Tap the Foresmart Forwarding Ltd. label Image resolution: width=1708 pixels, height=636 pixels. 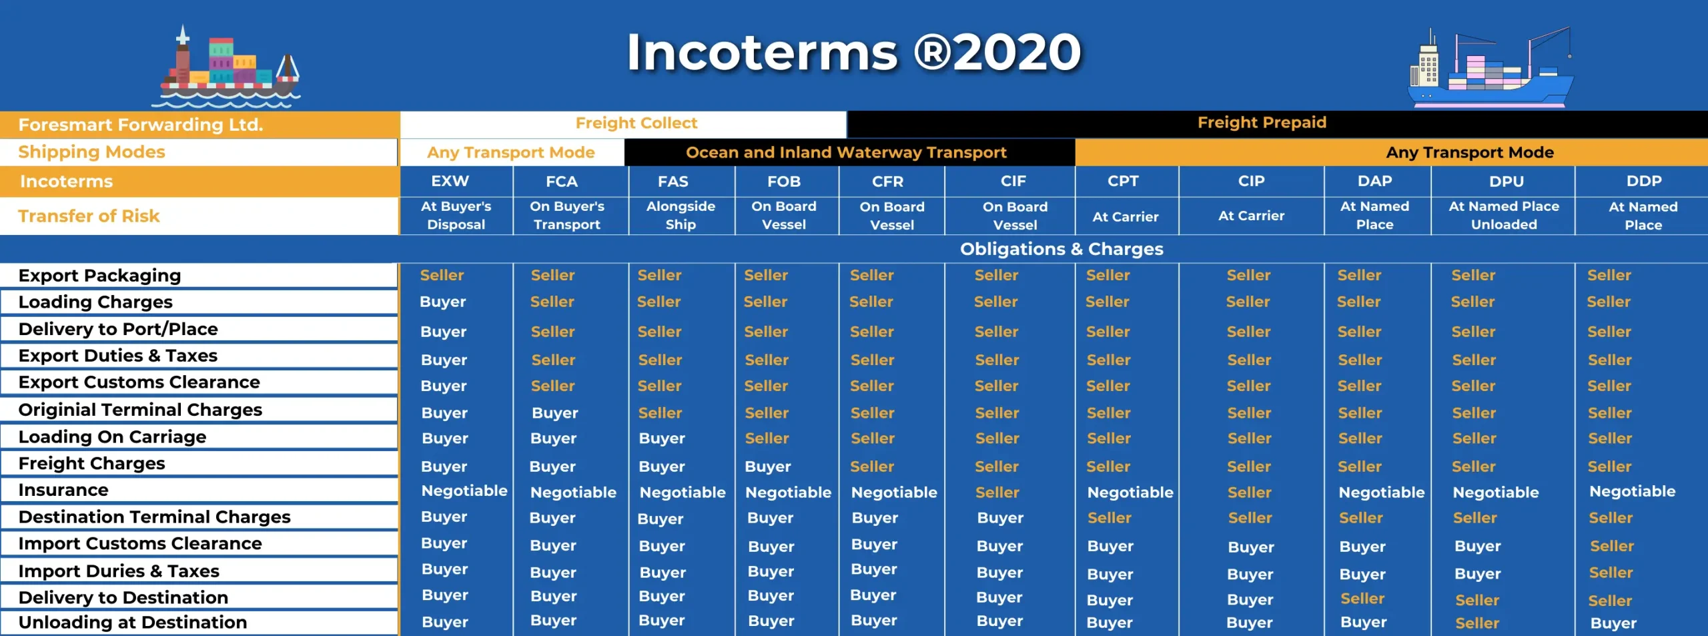(141, 125)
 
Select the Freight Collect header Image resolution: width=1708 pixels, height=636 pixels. (636, 123)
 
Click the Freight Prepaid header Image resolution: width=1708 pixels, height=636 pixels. (1262, 123)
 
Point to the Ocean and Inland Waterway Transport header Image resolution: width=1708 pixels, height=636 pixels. (846, 153)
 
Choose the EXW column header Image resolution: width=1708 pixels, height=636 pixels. (450, 182)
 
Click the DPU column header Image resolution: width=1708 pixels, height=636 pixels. (1506, 182)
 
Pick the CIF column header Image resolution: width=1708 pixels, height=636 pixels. (1013, 182)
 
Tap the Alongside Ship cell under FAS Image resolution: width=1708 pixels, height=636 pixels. (681, 216)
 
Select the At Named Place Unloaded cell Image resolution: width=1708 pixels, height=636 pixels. (1504, 216)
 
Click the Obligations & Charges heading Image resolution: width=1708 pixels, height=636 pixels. (1061, 249)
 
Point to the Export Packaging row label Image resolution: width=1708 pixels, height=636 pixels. (100, 276)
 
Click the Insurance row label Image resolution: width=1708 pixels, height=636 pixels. (63, 491)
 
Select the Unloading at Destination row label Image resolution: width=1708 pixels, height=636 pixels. (133, 623)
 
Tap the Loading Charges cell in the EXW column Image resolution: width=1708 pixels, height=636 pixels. (443, 302)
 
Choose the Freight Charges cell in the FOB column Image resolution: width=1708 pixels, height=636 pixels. (768, 467)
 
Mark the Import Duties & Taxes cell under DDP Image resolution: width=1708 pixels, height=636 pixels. (1611, 573)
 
